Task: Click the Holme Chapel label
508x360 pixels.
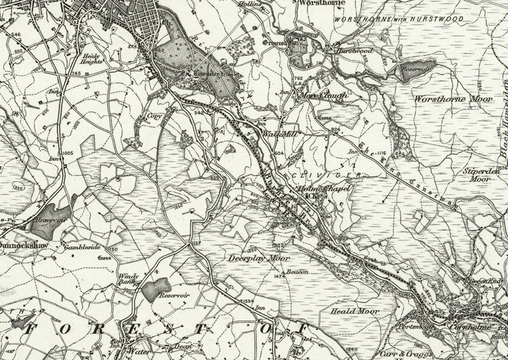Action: tap(326, 189)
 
